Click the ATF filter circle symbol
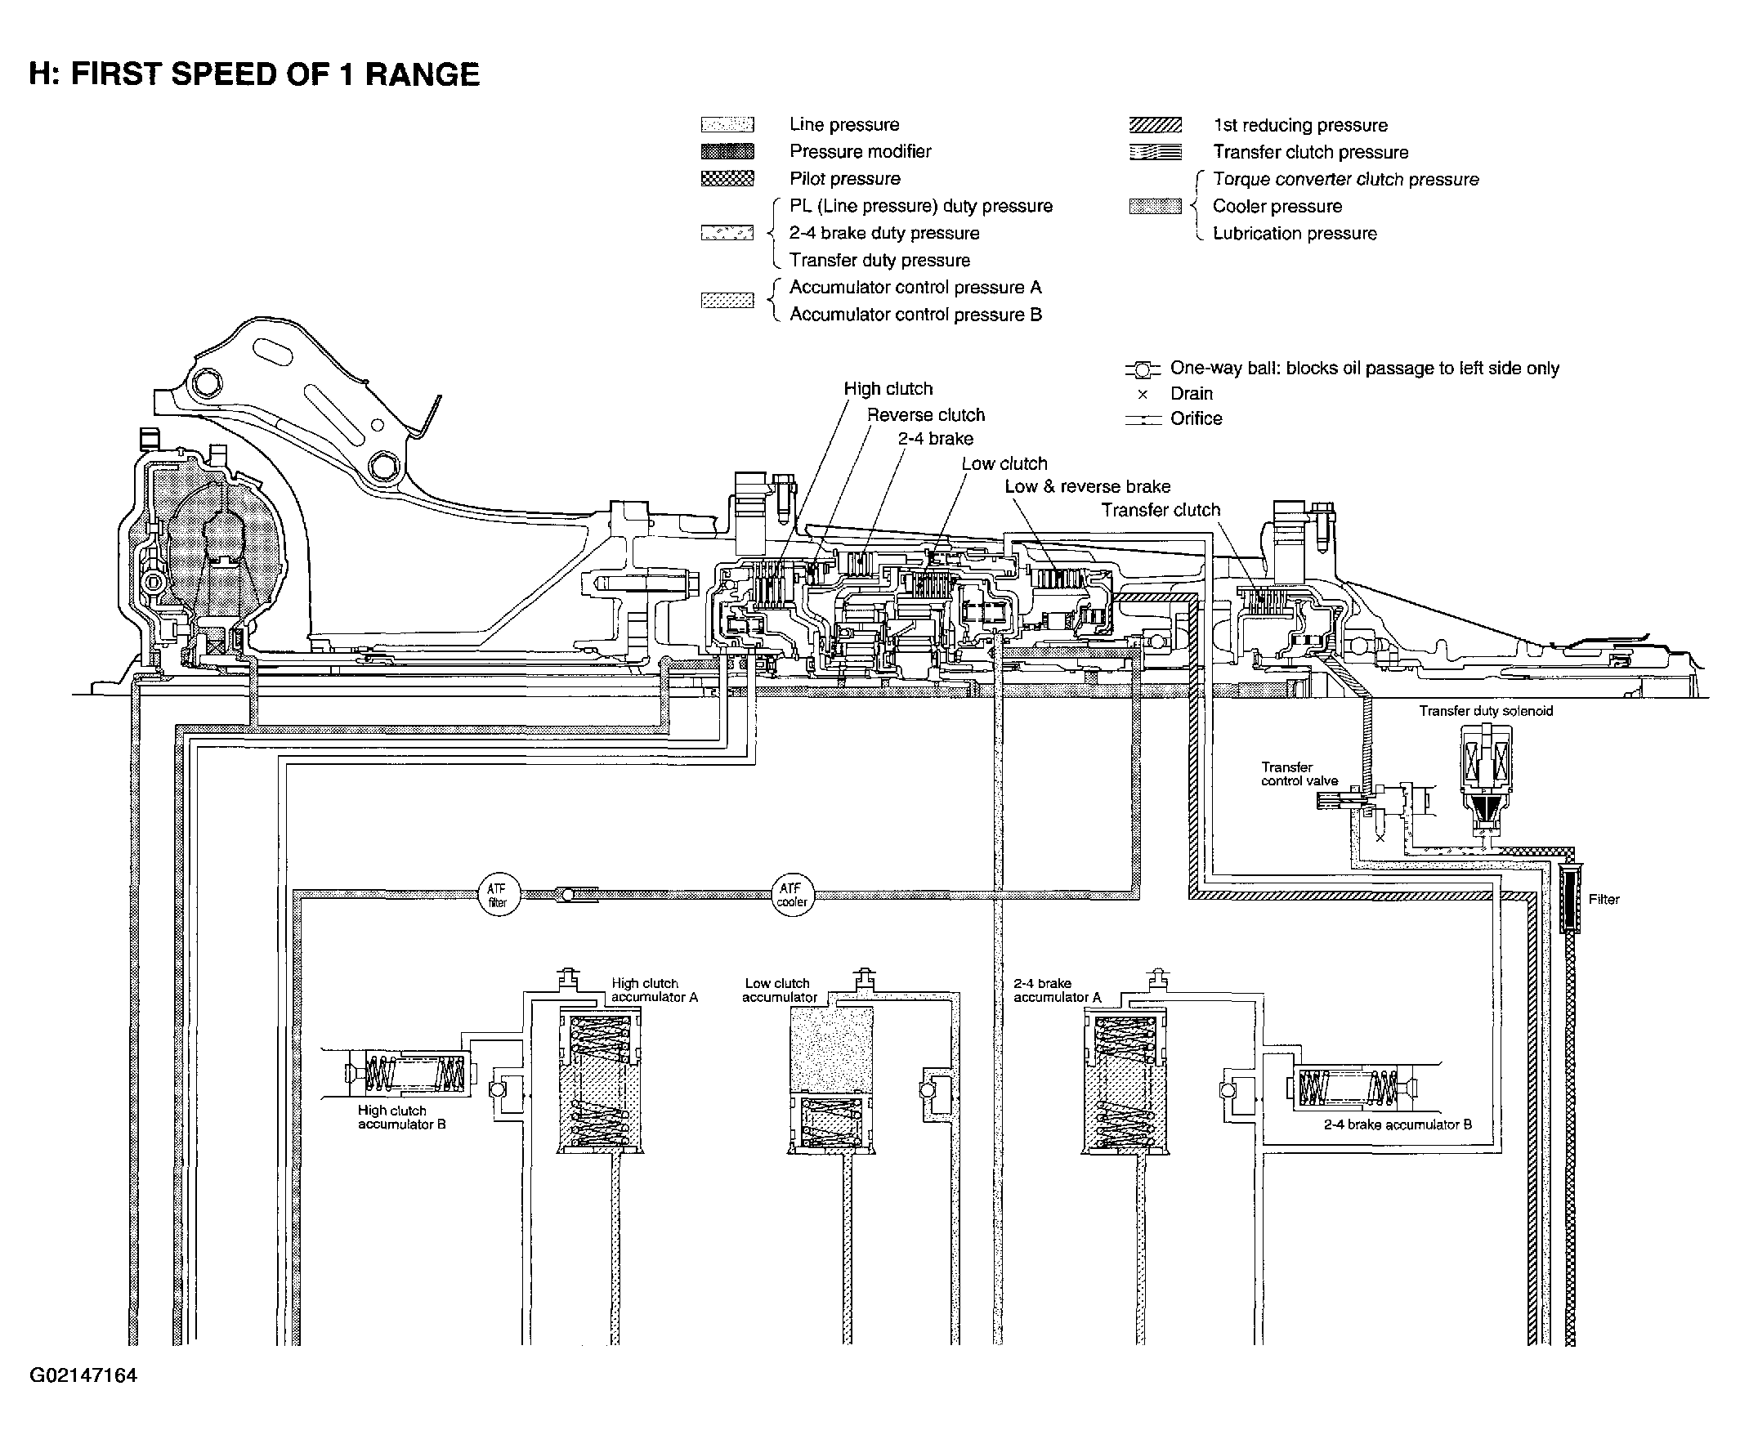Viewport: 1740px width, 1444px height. [499, 895]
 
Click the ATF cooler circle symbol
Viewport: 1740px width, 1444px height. [792, 895]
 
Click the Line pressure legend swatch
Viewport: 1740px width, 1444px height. [727, 125]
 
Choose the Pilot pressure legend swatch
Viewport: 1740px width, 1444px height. [727, 179]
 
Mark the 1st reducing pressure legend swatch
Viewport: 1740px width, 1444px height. [1155, 126]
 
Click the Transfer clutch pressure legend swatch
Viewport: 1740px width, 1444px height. [1155, 153]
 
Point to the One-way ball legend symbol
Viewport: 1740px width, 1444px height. [1143, 369]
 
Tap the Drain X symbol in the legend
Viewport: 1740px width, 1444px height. [1143, 395]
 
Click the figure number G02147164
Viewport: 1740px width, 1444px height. [83, 1375]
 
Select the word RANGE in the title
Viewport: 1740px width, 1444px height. [422, 74]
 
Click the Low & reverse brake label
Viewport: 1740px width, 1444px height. [1087, 486]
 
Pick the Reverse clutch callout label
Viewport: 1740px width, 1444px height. [925, 415]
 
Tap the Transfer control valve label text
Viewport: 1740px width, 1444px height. [1299, 774]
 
